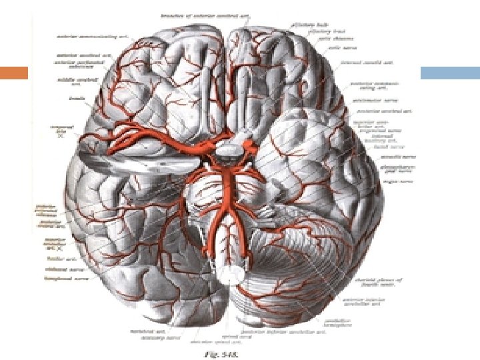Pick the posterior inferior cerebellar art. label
pos(300,331)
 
